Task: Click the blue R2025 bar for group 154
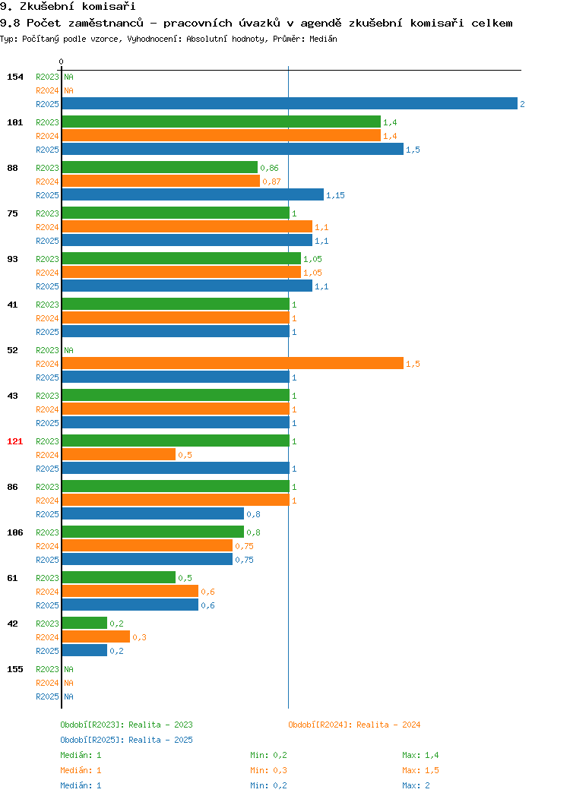[x=290, y=104]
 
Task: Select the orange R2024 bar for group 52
[x=233, y=363]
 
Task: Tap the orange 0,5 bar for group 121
[x=119, y=454]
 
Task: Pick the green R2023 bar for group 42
[x=84, y=624]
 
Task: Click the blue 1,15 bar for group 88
[x=193, y=194]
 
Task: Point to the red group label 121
[x=14, y=441]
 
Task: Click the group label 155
[x=14, y=669]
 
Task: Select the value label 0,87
[x=271, y=182]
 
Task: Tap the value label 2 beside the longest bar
[x=522, y=104]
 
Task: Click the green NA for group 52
[x=69, y=350]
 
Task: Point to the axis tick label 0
[x=62, y=62]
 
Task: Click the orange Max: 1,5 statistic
[x=420, y=770]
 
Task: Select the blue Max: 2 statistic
[x=416, y=786]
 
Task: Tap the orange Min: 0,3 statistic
[x=269, y=770]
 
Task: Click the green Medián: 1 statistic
[x=81, y=755]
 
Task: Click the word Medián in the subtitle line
[x=323, y=39]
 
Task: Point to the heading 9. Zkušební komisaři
[x=68, y=7]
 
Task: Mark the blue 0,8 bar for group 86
[x=153, y=513]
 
